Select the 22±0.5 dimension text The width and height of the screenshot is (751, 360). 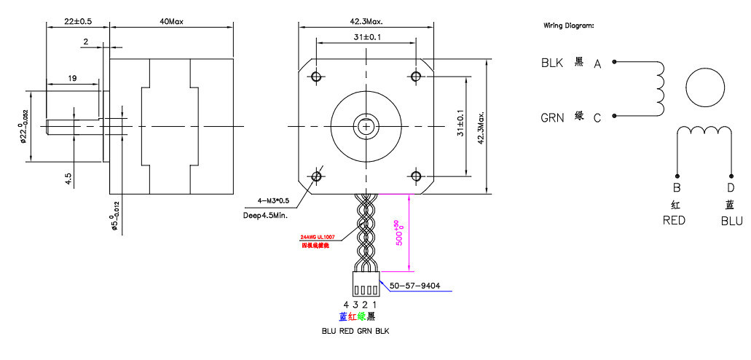click(77, 21)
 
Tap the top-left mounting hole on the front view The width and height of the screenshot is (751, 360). click(316, 77)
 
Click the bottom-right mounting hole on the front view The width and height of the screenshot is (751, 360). click(416, 176)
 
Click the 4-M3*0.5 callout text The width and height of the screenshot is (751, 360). click(273, 200)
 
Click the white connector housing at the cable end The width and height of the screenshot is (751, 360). click(365, 282)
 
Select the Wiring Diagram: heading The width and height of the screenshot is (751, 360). click(568, 26)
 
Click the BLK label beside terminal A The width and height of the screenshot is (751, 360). click(552, 63)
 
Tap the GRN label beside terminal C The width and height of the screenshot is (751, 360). click(552, 117)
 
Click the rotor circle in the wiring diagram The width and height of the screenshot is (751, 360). click(705, 87)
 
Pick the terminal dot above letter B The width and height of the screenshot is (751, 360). click(677, 176)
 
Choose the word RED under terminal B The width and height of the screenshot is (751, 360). click(674, 219)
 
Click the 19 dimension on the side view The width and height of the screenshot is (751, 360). click(73, 77)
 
